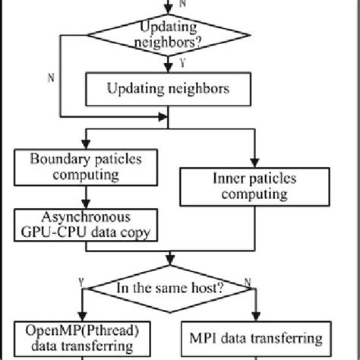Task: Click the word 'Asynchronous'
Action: [x=87, y=215]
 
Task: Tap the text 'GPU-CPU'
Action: [x=58, y=232]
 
